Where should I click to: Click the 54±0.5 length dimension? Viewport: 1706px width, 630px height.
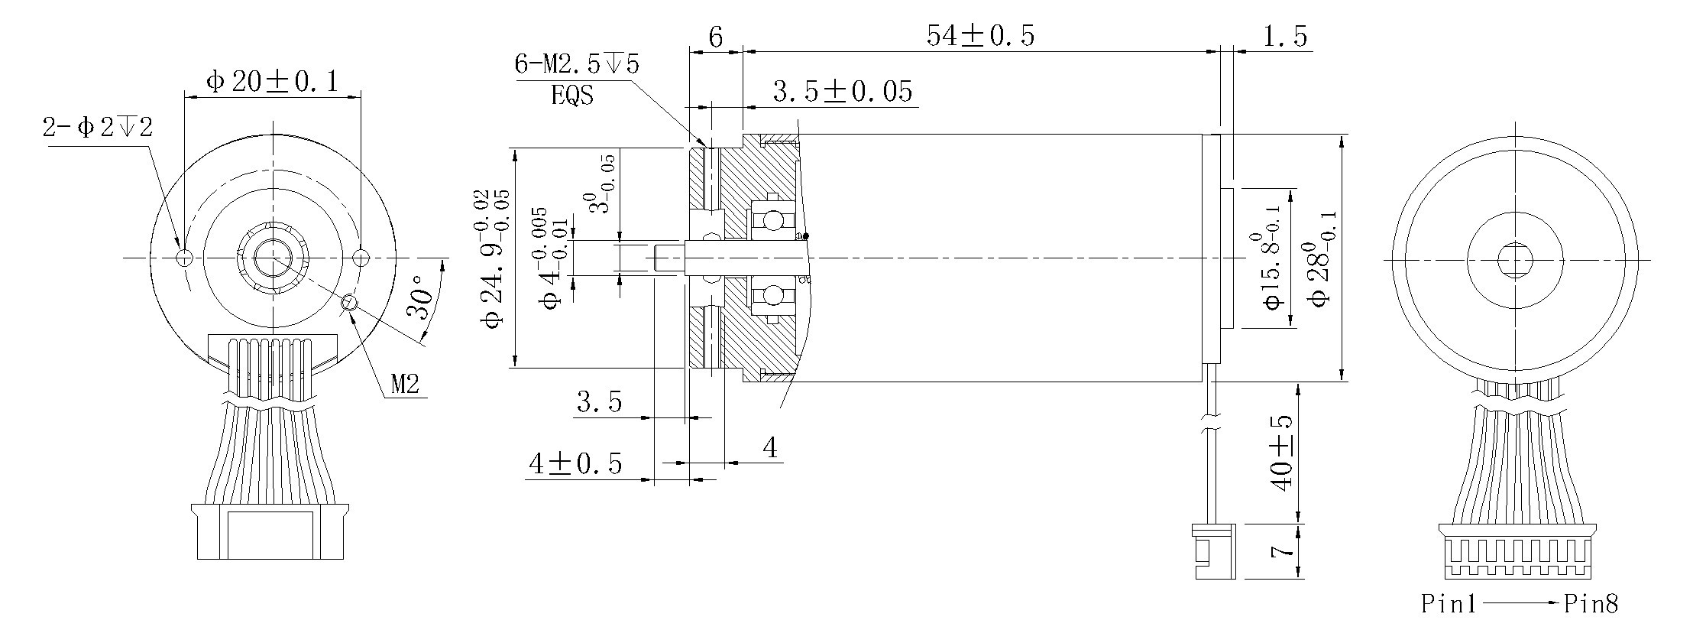coord(980,36)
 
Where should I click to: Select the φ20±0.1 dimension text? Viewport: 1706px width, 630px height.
coord(272,82)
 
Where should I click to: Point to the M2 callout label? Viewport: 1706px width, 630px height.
coord(405,385)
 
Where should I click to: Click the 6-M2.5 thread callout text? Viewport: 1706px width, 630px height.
coord(577,64)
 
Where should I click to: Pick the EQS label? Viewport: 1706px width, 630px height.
coord(571,96)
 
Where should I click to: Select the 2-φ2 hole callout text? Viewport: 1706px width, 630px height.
coord(98,128)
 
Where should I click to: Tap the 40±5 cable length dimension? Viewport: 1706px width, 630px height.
coord(1281,453)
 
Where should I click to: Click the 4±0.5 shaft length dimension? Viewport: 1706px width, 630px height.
coord(575,464)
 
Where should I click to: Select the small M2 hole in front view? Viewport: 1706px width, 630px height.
coord(351,303)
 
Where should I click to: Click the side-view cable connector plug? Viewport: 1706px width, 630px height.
coord(1213,550)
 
